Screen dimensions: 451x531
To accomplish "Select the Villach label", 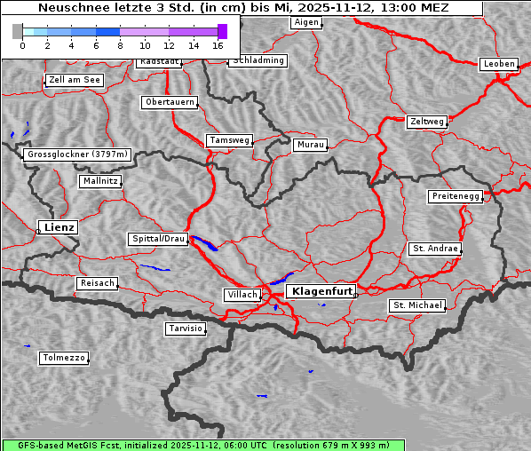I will [x=242, y=294].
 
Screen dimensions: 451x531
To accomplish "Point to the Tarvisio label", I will [x=186, y=328].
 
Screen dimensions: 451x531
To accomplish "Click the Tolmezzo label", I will [x=64, y=358].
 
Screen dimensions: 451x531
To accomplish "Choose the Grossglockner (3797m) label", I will [x=78, y=154].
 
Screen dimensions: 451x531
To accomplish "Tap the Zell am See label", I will [x=75, y=80].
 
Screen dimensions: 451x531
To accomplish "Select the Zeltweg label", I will [x=426, y=121].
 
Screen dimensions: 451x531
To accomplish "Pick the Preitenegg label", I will [x=456, y=196].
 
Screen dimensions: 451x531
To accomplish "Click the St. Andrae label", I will [x=434, y=249].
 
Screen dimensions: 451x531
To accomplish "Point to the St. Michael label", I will [x=417, y=305].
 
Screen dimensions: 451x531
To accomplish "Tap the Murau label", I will [x=311, y=144].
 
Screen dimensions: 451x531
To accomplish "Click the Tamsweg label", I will [x=230, y=140].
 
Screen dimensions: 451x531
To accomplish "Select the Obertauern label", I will [x=169, y=102].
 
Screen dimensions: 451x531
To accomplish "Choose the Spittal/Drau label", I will [x=158, y=239].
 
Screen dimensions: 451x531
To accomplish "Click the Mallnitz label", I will [x=99, y=180].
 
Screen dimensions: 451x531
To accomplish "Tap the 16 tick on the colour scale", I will [x=218, y=44].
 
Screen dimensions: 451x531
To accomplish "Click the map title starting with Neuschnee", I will [x=243, y=8].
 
